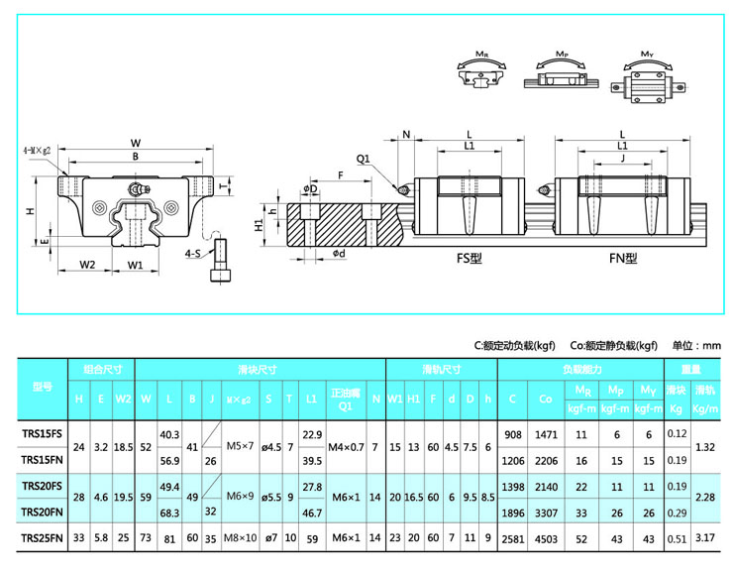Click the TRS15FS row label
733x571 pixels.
[x=42, y=433]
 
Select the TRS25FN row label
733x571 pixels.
[x=42, y=537]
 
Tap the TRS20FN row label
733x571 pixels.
[x=42, y=512]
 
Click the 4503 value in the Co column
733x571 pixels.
[x=546, y=537]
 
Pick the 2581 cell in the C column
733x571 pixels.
[x=511, y=537]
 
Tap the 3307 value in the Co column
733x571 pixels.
[x=546, y=512]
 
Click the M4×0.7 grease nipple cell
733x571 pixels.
[x=346, y=446]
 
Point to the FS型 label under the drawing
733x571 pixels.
[x=469, y=259]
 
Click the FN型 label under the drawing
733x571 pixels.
[x=623, y=259]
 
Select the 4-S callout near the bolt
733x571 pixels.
[x=193, y=254]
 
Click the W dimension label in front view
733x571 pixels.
[x=136, y=143]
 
